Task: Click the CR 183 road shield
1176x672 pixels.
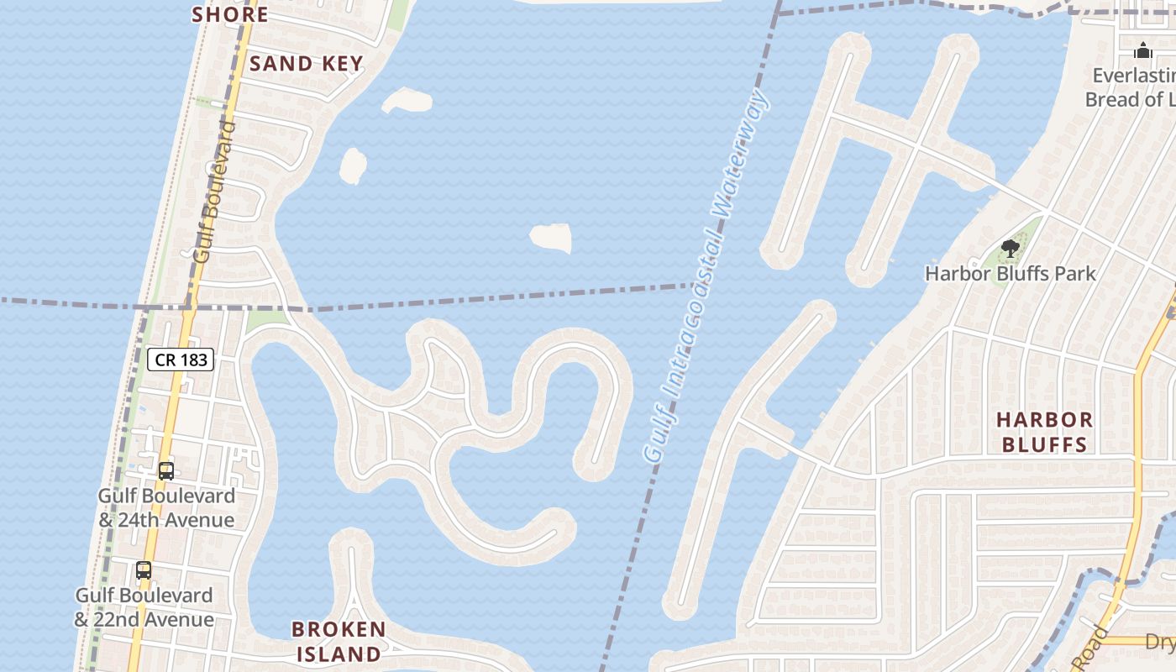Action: point(181,360)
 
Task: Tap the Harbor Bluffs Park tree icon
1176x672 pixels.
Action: point(1011,249)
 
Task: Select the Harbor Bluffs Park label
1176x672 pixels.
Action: point(1011,273)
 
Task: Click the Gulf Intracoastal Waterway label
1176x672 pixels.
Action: point(706,277)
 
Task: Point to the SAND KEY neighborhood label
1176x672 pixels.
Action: point(306,64)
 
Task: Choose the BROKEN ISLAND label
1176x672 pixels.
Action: point(339,641)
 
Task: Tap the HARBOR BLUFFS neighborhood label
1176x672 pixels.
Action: point(1045,431)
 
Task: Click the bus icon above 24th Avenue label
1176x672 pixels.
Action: point(166,470)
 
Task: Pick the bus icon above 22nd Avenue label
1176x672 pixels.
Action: point(144,570)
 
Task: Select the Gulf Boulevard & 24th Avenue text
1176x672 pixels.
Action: point(166,508)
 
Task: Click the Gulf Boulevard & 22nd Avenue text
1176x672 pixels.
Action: point(144,607)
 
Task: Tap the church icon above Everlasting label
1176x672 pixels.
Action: point(1142,50)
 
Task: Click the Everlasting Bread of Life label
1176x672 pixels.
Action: point(1130,87)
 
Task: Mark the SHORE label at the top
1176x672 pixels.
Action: point(229,14)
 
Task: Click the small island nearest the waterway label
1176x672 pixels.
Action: point(552,238)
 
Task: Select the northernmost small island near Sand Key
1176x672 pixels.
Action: point(407,100)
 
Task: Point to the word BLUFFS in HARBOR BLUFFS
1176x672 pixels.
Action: point(1045,444)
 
